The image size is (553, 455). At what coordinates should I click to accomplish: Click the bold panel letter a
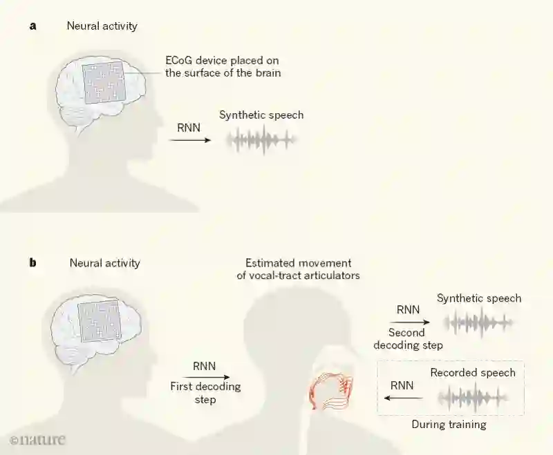[32, 27]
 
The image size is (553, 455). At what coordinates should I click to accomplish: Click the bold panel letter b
[32, 263]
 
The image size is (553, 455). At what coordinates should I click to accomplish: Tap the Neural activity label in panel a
[102, 27]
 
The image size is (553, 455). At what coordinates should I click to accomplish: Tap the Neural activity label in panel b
[104, 263]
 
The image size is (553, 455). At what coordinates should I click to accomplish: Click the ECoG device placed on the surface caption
[223, 67]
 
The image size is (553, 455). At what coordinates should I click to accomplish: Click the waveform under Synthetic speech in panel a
[262, 140]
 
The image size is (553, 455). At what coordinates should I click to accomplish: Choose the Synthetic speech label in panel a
[261, 115]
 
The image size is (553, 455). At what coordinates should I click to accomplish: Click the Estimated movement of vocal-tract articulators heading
[298, 270]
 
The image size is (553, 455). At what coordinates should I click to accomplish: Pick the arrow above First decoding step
[205, 377]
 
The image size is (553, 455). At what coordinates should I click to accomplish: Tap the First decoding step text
[205, 393]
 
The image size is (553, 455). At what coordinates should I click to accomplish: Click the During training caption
[449, 425]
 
